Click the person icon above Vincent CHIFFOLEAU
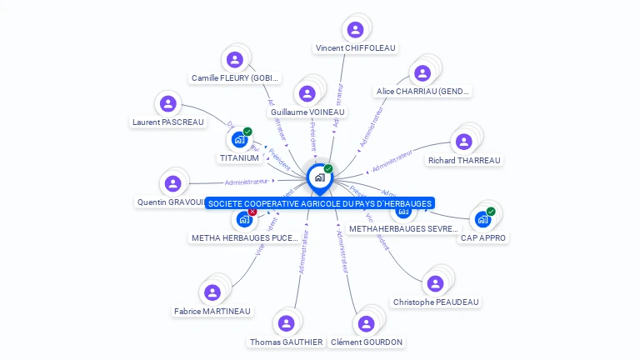[356, 30]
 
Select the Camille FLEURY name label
[234, 78]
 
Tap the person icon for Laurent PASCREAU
[168, 104]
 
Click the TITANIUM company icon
[239, 139]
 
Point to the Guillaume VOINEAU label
[307, 112]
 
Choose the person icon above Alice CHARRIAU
[422, 73]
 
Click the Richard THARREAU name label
[464, 160]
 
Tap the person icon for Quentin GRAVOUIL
[172, 183]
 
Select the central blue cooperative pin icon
[319, 177]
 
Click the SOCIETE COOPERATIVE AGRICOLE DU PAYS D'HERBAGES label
[320, 203]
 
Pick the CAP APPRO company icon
[482, 220]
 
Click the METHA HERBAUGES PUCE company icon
[244, 220]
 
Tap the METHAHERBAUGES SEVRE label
[403, 228]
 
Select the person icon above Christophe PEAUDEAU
[434, 283]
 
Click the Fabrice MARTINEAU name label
[212, 311]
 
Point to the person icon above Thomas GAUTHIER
[286, 323]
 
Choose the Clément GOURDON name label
[367, 342]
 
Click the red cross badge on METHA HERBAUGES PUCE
[252, 212]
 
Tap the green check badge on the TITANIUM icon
[247, 132]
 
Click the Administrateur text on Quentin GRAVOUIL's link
[247, 182]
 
